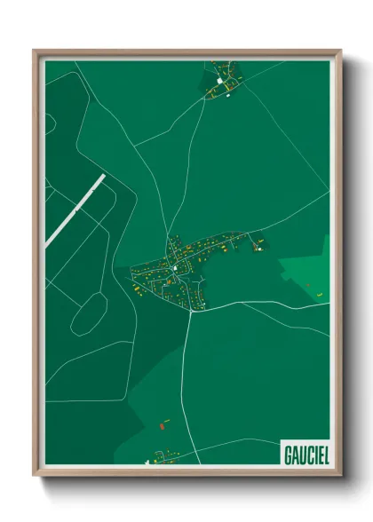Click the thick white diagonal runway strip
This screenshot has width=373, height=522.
tap(76, 208)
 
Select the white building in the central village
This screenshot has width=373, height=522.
tap(176, 267)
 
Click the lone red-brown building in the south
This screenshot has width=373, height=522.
tap(163, 424)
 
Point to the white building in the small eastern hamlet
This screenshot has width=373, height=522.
tap(260, 242)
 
